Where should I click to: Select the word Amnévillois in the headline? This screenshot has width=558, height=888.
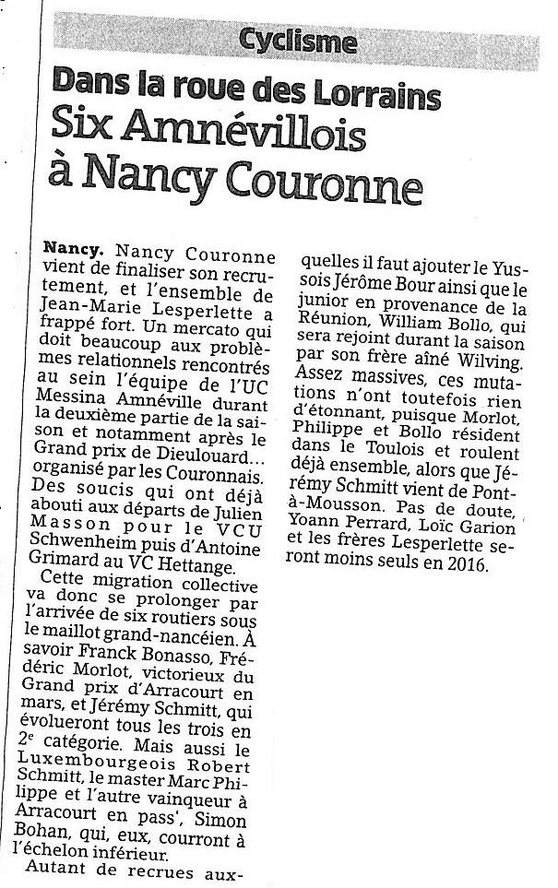pyautogui.click(x=262, y=136)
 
